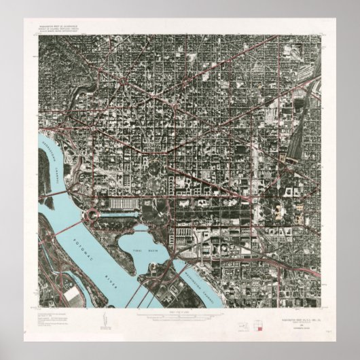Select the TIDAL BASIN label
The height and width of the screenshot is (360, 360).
tap(144, 251)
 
